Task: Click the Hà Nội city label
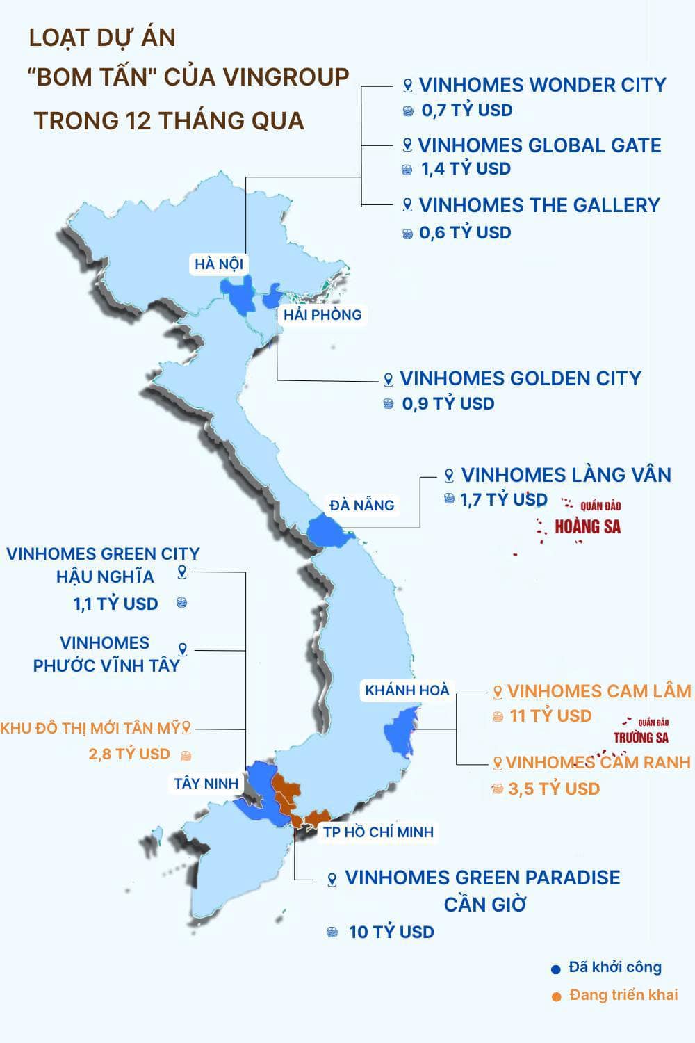pyautogui.click(x=218, y=264)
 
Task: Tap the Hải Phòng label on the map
pyautogui.click(x=322, y=315)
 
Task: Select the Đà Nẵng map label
pyautogui.click(x=362, y=506)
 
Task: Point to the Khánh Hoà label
pyautogui.click(x=407, y=690)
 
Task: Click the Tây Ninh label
pyautogui.click(x=206, y=784)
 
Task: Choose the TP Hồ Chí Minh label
pyautogui.click(x=378, y=832)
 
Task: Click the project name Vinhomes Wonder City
pyautogui.click(x=542, y=86)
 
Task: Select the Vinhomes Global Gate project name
pyautogui.click(x=539, y=146)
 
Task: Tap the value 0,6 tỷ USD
pyautogui.click(x=465, y=233)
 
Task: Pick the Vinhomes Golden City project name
pyautogui.click(x=520, y=379)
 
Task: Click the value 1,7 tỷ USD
pyautogui.click(x=503, y=499)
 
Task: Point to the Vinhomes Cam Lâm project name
pyautogui.click(x=598, y=692)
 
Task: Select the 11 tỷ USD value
pyautogui.click(x=550, y=716)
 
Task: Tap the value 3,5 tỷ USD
pyautogui.click(x=554, y=789)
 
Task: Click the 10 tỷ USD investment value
pyautogui.click(x=391, y=932)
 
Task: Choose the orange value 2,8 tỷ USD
pyautogui.click(x=129, y=754)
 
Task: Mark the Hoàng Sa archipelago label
pyautogui.click(x=588, y=526)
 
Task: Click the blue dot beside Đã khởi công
pyautogui.click(x=555, y=969)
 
